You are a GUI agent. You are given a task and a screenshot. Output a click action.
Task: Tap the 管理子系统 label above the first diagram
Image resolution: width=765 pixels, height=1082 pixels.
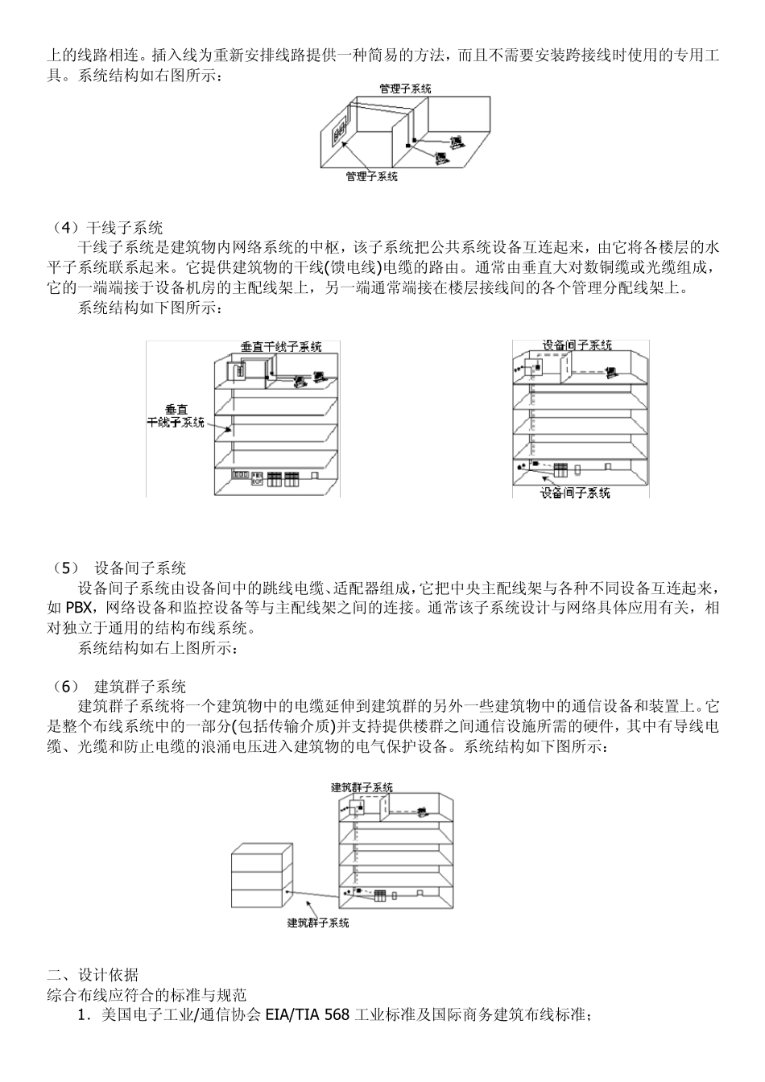point(405,89)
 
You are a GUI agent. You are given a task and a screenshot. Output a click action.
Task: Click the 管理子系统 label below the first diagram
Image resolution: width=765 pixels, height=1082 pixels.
point(371,176)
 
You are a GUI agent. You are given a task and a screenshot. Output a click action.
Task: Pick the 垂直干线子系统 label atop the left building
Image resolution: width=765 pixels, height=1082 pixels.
point(281,347)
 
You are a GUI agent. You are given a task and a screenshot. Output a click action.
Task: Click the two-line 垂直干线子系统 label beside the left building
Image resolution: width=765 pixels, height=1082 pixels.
point(176,415)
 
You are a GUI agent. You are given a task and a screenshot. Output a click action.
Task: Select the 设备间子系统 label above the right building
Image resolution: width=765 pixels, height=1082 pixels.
point(577,345)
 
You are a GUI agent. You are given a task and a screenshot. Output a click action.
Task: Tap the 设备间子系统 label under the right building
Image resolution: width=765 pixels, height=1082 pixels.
point(575,493)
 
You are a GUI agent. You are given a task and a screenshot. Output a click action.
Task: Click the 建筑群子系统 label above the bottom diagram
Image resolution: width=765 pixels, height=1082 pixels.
point(362,787)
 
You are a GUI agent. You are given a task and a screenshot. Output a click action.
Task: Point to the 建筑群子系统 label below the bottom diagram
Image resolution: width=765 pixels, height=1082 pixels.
point(318,923)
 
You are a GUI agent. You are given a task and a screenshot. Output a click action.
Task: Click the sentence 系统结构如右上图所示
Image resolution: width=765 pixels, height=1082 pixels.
point(158,646)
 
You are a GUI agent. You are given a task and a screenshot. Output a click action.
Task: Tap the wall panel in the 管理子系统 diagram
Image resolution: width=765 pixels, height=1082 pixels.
point(339,130)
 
